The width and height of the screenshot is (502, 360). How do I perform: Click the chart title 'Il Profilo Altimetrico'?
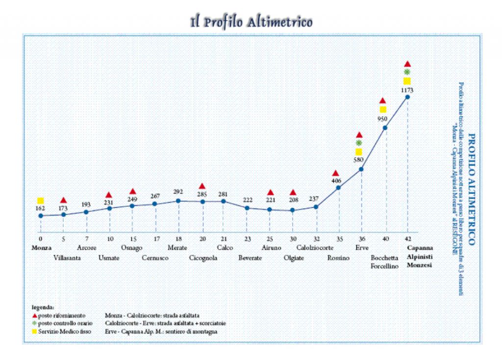pyautogui.click(x=251, y=22)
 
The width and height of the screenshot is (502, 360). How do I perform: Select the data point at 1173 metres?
pyautogui.click(x=407, y=97)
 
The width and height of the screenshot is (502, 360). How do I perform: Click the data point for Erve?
pyautogui.click(x=361, y=169)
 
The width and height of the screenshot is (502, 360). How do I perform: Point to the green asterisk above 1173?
pyautogui.click(x=407, y=72)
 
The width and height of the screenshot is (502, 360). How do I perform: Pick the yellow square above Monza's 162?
pyautogui.click(x=41, y=201)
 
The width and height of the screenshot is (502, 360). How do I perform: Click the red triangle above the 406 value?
pyautogui.click(x=336, y=173)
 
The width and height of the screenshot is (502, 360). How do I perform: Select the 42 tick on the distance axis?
pyautogui.click(x=407, y=239)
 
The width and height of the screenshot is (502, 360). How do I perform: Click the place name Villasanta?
pyautogui.click(x=68, y=257)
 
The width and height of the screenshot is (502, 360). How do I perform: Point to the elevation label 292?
pyautogui.click(x=178, y=192)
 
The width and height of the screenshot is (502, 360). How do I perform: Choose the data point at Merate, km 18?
pyautogui.click(x=178, y=200)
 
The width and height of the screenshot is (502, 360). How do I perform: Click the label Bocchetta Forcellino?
pyautogui.click(x=384, y=262)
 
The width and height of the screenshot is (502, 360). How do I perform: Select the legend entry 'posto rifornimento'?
pyautogui.click(x=62, y=315)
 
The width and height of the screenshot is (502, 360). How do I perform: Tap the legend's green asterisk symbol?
pyautogui.click(x=34, y=324)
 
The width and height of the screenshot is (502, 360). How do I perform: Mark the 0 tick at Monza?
pyautogui.click(x=41, y=239)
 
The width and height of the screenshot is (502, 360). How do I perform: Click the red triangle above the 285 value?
pyautogui.click(x=202, y=186)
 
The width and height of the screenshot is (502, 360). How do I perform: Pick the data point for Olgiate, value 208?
pyautogui.click(x=293, y=210)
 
